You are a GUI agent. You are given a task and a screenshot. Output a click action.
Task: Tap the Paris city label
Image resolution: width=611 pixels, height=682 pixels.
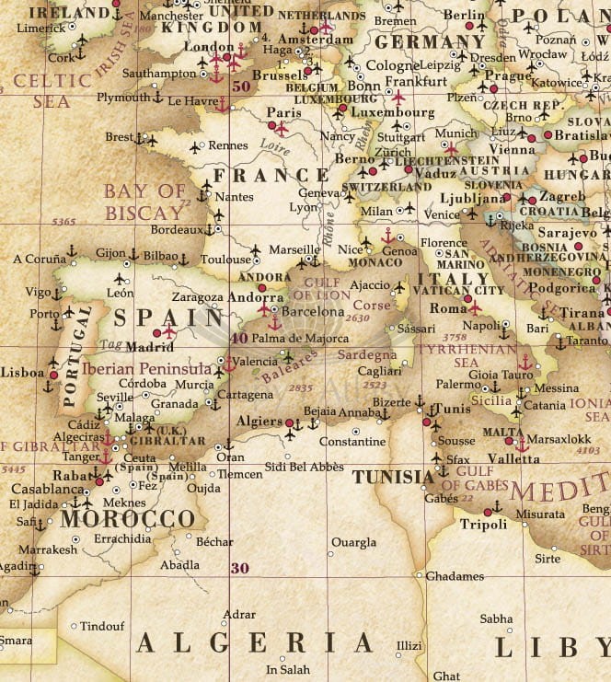[259, 112]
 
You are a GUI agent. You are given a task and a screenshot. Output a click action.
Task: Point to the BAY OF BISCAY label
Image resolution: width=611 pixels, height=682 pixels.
[144, 202]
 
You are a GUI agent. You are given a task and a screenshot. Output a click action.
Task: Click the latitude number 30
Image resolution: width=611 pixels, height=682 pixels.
[239, 568]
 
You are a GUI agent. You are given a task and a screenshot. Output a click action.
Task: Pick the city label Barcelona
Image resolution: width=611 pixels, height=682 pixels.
[313, 312]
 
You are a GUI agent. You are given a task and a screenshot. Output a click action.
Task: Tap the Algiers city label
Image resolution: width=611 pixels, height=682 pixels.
[259, 421]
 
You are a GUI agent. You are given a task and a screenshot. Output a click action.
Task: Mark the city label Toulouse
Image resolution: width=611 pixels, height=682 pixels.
[225, 260]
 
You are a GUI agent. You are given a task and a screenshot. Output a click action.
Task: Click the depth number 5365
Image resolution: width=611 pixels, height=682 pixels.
[64, 222]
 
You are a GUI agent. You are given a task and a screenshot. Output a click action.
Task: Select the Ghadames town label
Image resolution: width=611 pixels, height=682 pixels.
[454, 576]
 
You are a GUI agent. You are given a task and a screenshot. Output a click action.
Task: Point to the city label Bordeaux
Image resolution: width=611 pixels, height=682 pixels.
[176, 229]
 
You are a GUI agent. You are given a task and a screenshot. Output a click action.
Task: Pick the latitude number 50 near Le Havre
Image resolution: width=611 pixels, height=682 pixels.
[241, 87]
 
